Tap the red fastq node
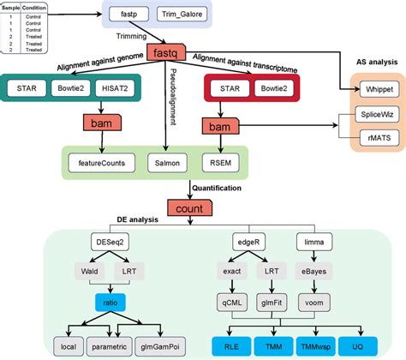[167, 52]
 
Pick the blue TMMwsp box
[329, 347]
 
